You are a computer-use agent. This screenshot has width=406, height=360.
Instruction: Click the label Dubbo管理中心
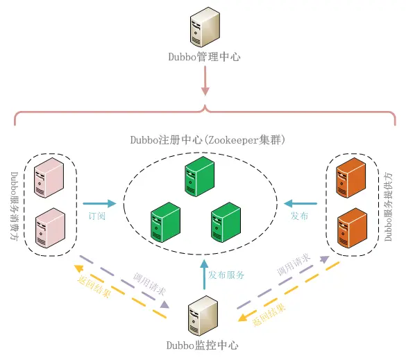click(x=204, y=58)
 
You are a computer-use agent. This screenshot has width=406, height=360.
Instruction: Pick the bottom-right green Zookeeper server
click(x=226, y=221)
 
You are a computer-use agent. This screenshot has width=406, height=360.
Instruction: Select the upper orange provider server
click(x=350, y=177)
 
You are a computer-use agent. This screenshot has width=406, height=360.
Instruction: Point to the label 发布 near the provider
click(x=300, y=216)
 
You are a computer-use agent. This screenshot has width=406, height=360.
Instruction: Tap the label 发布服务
click(x=228, y=275)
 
